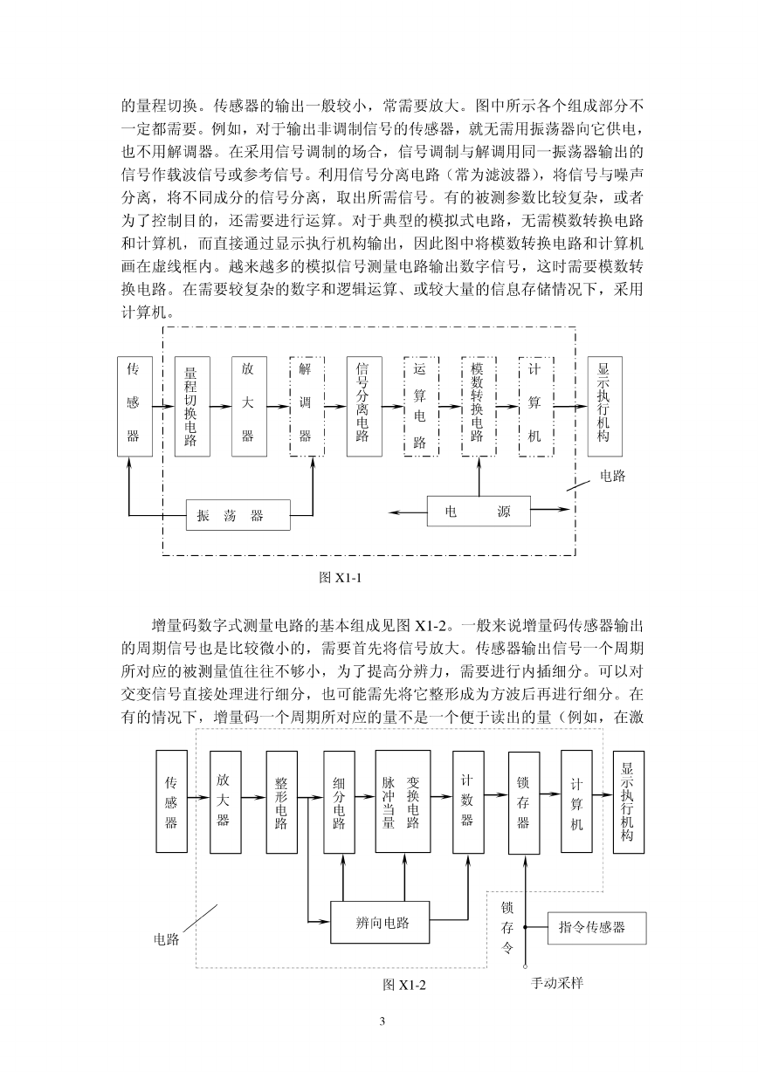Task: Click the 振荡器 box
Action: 238,515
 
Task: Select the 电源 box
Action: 479,511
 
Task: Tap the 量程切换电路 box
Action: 192,406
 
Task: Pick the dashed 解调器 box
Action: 307,406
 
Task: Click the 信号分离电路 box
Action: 364,406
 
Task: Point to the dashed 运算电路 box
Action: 422,406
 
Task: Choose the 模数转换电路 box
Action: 479,406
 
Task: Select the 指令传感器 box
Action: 597,928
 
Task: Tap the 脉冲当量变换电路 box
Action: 403,801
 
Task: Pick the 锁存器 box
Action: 524,803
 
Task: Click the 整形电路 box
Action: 281,802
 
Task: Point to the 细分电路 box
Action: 339,802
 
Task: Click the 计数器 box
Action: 468,802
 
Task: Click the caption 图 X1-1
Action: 341,578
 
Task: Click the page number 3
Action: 382,1021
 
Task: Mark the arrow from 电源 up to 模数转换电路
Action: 479,476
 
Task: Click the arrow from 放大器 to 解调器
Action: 279,407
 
